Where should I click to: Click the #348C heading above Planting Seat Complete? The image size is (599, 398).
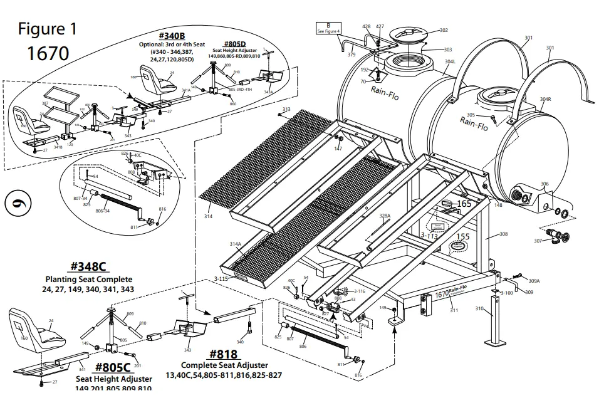pyautogui.click(x=89, y=267)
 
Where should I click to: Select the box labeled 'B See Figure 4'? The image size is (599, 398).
pyautogui.click(x=328, y=28)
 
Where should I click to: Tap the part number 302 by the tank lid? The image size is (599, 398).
pyautogui.click(x=444, y=30)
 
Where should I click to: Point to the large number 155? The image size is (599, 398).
pyautogui.click(x=462, y=237)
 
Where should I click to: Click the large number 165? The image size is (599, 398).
pyautogui.click(x=464, y=204)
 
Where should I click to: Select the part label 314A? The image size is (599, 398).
pyautogui.click(x=235, y=244)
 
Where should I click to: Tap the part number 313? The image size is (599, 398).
pyautogui.click(x=286, y=110)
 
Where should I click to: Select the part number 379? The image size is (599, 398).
pyautogui.click(x=352, y=55)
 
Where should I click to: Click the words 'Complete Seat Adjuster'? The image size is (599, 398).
pyautogui.click(x=224, y=365)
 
